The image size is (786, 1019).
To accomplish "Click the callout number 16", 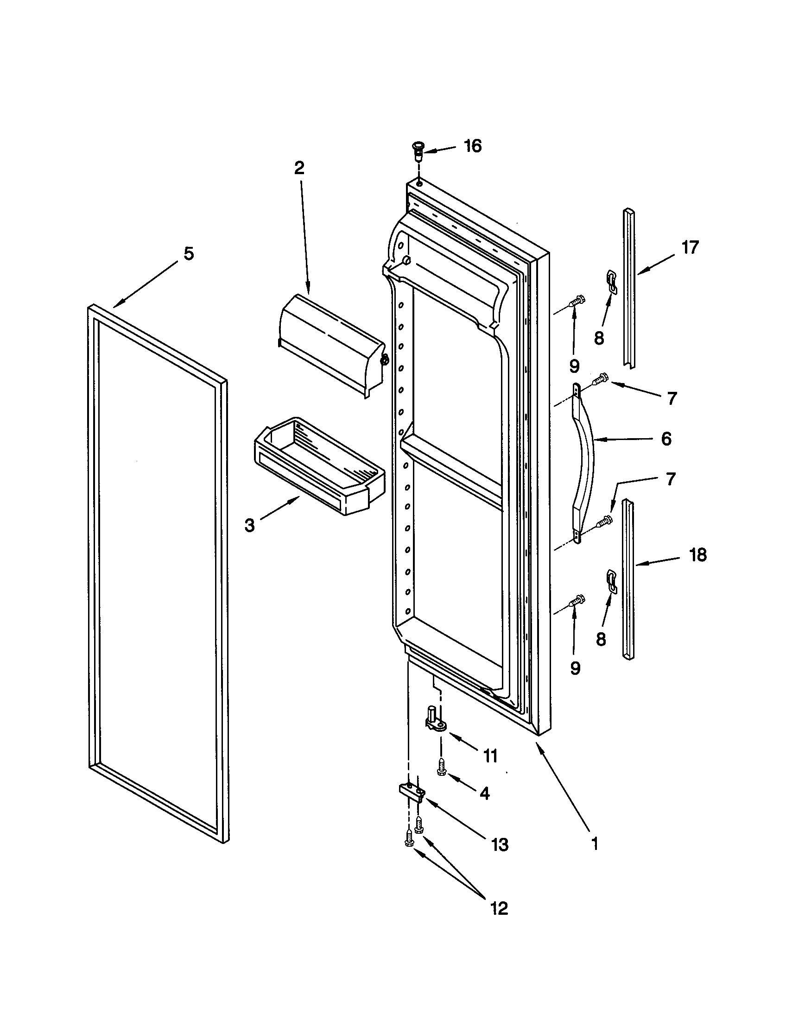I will (x=472, y=146).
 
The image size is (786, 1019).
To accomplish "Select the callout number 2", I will (x=299, y=168).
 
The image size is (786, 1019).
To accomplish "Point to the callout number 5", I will (x=188, y=254).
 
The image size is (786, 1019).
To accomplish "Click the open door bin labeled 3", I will (x=317, y=466).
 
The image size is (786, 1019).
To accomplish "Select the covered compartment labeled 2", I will (x=331, y=345).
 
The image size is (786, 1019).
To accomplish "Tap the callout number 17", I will (x=690, y=247).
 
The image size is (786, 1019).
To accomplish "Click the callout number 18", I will (x=697, y=555).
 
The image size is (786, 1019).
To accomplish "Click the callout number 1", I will (x=595, y=843).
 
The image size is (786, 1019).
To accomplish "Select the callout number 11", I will (x=490, y=755).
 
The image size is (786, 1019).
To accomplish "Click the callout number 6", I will (x=666, y=439).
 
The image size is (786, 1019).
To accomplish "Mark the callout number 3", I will (x=250, y=525).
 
